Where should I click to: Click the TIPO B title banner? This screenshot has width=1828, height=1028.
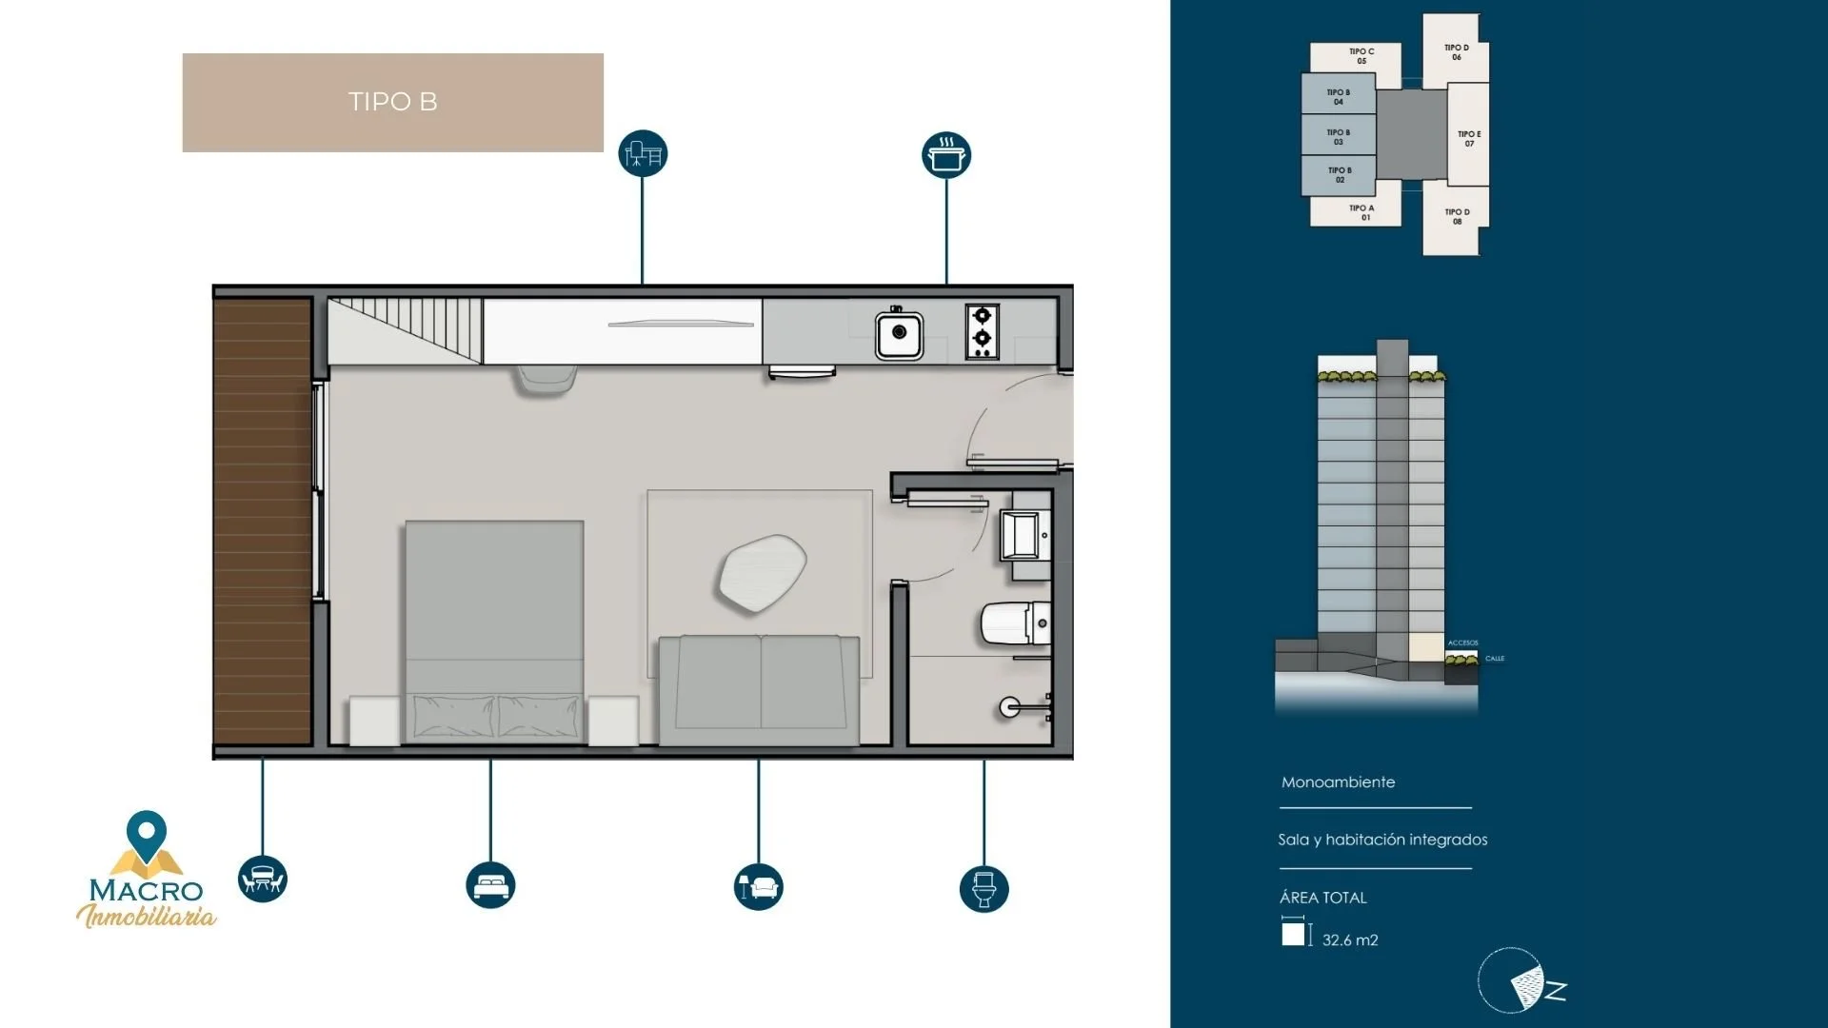pyautogui.click(x=392, y=102)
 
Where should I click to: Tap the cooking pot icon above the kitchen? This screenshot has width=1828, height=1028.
pyautogui.click(x=945, y=155)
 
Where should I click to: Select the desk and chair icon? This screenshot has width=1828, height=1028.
pyautogui.click(x=643, y=153)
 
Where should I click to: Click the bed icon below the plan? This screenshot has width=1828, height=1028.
pyautogui.click(x=490, y=885)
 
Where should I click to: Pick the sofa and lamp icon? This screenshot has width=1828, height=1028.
pyautogui.click(x=759, y=887)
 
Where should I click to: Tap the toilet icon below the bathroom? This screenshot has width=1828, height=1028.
pyautogui.click(x=984, y=889)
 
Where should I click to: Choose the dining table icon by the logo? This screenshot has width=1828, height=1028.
pyautogui.click(x=263, y=880)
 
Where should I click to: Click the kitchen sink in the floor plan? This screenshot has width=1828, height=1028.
pyautogui.click(x=899, y=333)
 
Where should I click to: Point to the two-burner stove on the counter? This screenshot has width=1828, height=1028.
pyautogui.click(x=982, y=331)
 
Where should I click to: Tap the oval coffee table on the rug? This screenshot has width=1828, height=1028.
pyautogui.click(x=762, y=572)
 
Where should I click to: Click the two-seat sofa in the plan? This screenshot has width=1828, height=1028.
pyautogui.click(x=760, y=690)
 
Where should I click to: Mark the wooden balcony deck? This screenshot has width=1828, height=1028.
pyautogui.click(x=263, y=522)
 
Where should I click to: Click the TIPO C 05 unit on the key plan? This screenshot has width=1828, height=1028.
pyautogui.click(x=1361, y=56)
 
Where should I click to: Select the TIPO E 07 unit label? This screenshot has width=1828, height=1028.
pyautogui.click(x=1469, y=139)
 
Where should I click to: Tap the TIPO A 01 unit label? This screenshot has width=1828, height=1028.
pyautogui.click(x=1361, y=212)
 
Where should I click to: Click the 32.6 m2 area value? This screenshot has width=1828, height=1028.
pyautogui.click(x=1349, y=940)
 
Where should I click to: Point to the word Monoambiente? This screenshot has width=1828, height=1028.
pyautogui.click(x=1338, y=782)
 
